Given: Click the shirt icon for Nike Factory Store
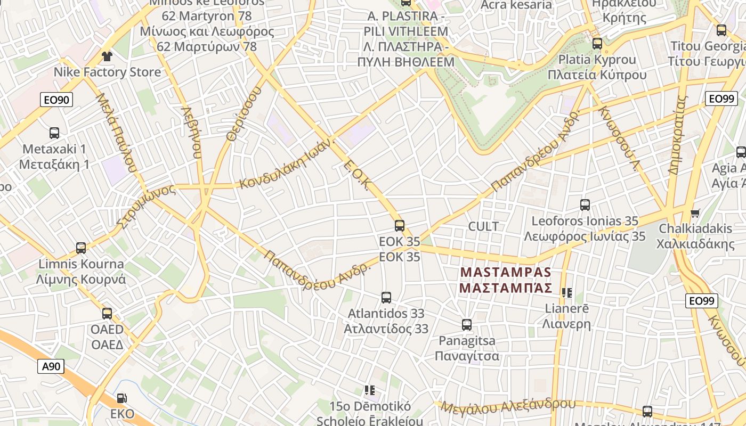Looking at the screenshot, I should (107, 56).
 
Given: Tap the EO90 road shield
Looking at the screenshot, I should (56, 100).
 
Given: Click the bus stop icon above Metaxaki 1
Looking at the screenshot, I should (54, 133).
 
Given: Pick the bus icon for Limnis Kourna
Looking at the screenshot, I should (81, 248).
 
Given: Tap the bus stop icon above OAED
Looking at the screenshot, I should (107, 314).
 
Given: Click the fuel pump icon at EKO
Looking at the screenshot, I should (122, 398).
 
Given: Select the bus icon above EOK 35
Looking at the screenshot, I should (400, 226).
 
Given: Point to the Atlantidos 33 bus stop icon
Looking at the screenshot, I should (386, 298).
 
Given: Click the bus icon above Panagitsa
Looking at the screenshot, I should (467, 325).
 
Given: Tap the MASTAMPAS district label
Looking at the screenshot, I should (506, 280).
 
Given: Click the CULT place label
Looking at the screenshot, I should (483, 226).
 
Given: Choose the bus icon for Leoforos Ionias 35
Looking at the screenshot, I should (585, 205).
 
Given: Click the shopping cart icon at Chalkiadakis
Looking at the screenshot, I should (695, 213).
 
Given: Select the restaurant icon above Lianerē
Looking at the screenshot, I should (566, 292).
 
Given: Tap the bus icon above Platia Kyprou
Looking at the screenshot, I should (597, 44).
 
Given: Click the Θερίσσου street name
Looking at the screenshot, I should (245, 114).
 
